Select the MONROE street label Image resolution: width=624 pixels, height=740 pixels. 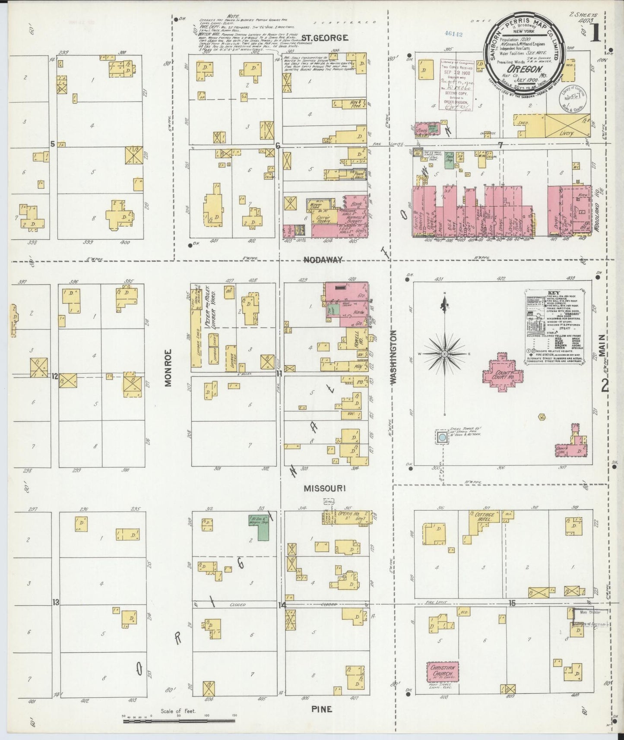pos(168,367)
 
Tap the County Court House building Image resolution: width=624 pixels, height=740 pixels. pos(500,372)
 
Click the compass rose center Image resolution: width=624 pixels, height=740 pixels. pos(444,354)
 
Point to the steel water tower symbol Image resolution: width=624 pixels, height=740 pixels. pos(441,437)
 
